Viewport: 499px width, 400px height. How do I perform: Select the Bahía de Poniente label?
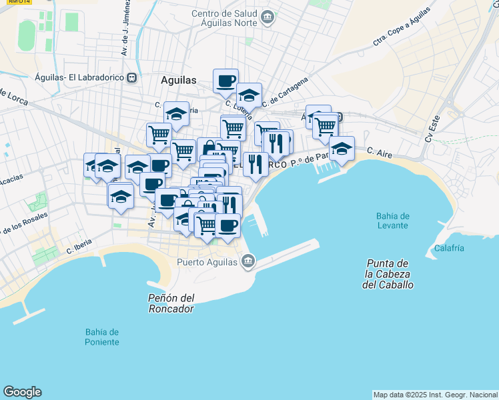(x=102, y=337)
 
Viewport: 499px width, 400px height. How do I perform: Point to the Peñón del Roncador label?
(x=171, y=303)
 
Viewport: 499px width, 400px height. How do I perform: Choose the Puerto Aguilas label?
(x=207, y=262)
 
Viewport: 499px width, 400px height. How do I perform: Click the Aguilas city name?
(x=179, y=80)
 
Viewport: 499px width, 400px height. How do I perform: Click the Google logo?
(x=22, y=392)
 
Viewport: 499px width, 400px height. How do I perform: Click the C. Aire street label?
(x=378, y=153)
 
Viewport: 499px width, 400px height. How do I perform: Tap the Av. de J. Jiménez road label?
(x=125, y=28)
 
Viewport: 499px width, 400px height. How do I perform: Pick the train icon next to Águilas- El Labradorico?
(x=132, y=77)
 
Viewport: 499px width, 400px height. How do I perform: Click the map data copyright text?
(x=435, y=394)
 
